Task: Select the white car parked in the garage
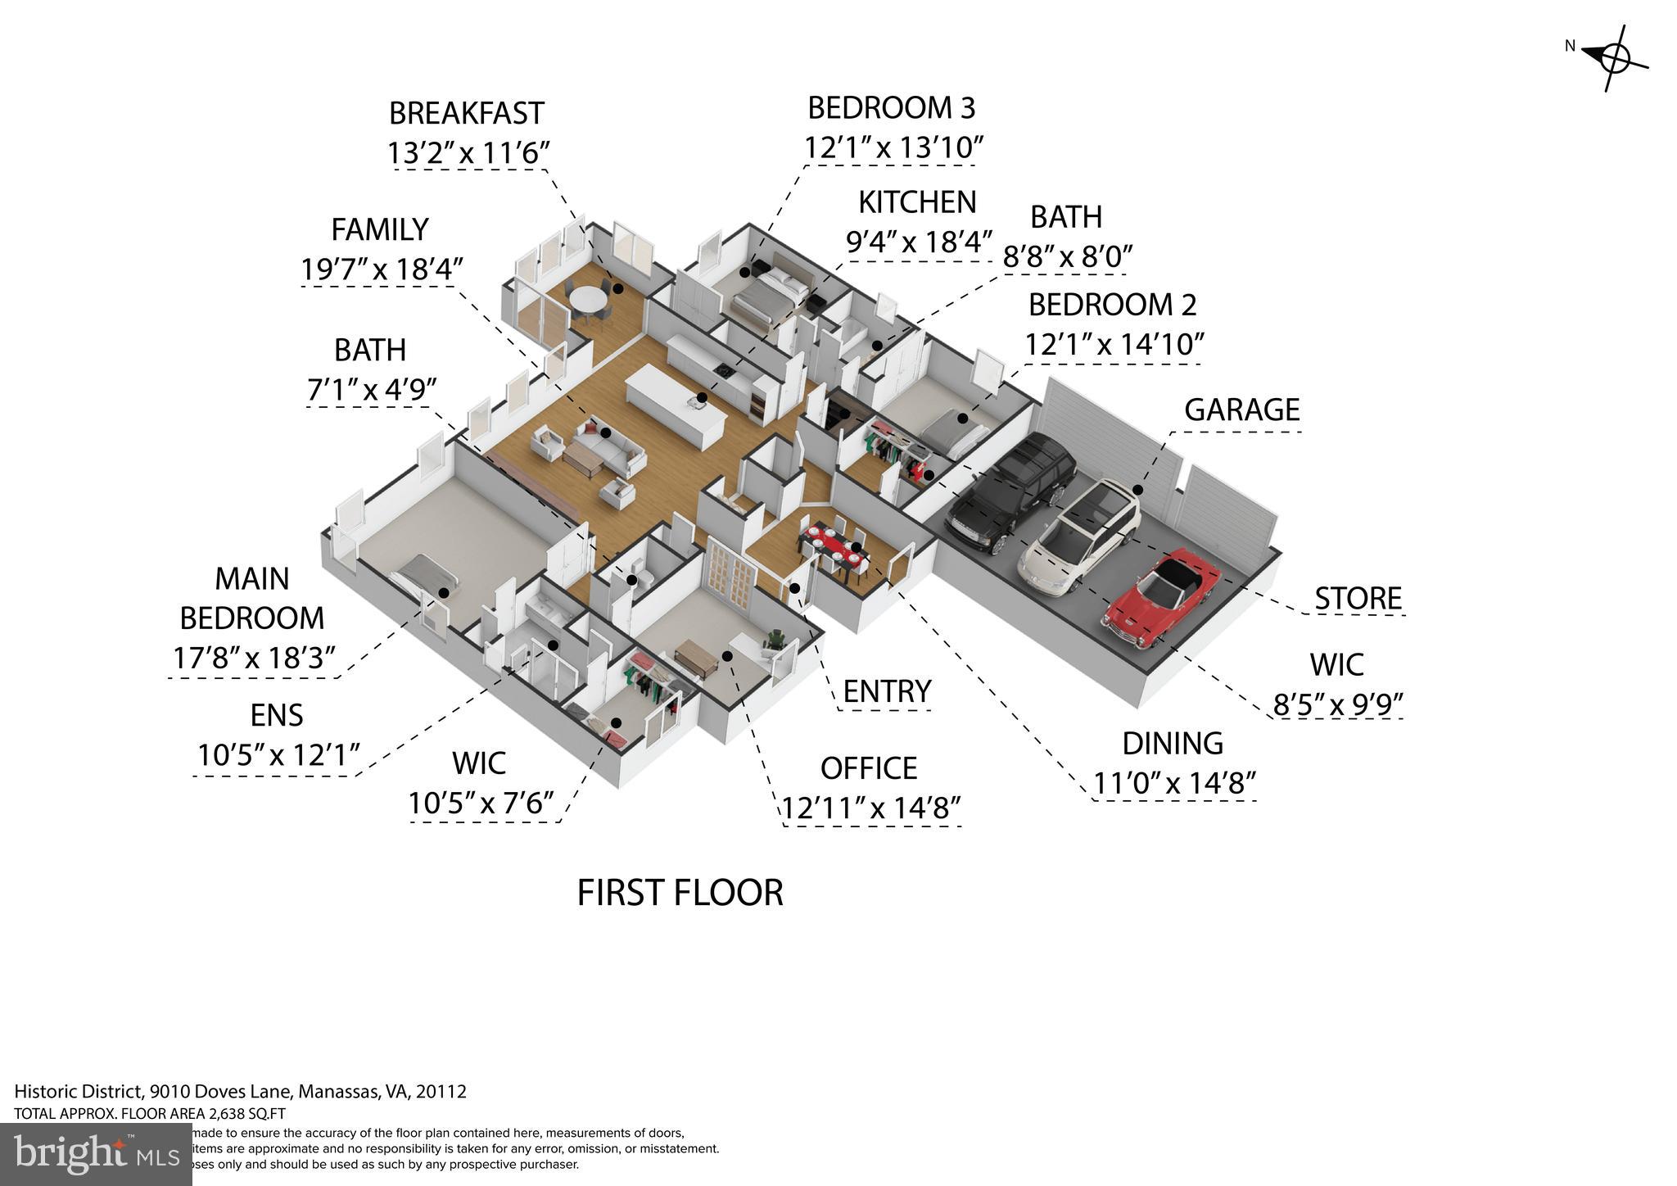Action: click(1079, 536)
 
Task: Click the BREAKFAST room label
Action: click(466, 113)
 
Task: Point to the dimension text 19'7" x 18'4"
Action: click(382, 269)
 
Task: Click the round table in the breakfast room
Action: click(587, 300)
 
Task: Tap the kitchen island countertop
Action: click(676, 404)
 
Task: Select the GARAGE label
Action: click(1241, 410)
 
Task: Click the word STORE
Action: click(1358, 599)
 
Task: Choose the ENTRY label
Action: click(887, 691)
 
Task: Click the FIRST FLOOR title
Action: click(680, 892)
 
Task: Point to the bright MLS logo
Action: click(96, 1155)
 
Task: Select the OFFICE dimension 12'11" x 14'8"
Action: click(870, 808)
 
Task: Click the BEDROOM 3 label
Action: click(891, 107)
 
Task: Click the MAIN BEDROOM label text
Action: click(252, 598)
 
